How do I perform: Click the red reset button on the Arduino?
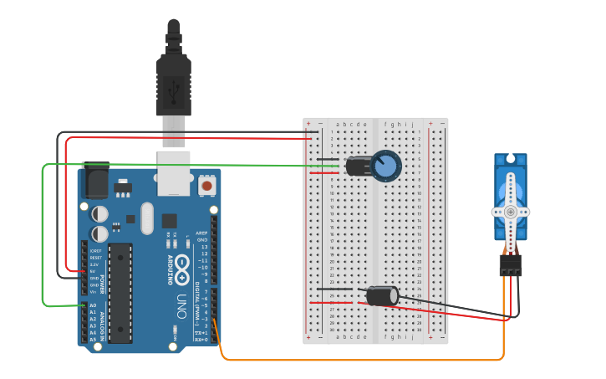[x=206, y=183]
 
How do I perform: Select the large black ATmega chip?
[x=120, y=293]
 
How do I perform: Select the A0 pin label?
[x=92, y=306]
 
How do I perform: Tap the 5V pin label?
[x=92, y=272]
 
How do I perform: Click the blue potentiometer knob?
[x=385, y=166]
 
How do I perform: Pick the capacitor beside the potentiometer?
[x=359, y=166]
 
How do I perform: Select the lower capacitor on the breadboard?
[x=382, y=295]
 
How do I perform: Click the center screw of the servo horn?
[x=510, y=212]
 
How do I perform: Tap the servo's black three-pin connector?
[x=511, y=265]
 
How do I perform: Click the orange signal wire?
[x=359, y=360]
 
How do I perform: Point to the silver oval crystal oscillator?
[x=148, y=218]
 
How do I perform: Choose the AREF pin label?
[x=201, y=233]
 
